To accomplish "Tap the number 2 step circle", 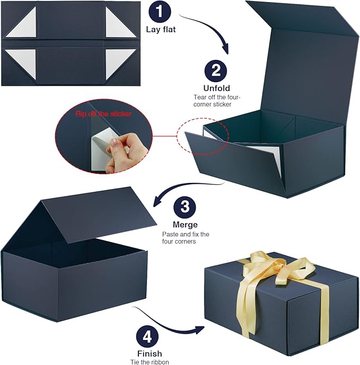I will click(x=216, y=71).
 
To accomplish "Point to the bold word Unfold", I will click(x=216, y=88).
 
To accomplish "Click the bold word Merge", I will click(x=185, y=225).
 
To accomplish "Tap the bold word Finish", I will click(x=149, y=353).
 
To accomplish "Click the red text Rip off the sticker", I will click(x=103, y=113).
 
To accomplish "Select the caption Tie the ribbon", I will click(x=149, y=361).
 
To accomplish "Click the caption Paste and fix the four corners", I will click(x=186, y=237).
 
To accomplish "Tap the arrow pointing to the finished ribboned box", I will click(x=170, y=321).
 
